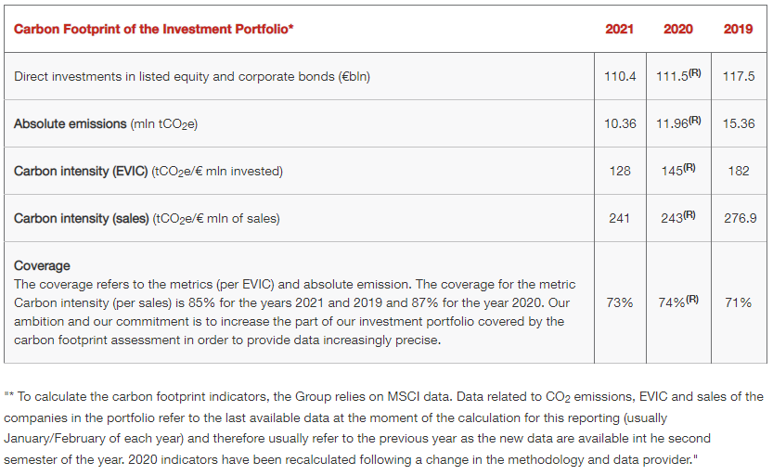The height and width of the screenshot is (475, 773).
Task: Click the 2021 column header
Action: (619, 29)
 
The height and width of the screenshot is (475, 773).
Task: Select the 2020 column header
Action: (678, 29)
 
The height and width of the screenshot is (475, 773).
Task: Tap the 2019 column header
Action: (738, 29)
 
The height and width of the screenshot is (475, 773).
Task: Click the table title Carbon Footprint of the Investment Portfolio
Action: (154, 29)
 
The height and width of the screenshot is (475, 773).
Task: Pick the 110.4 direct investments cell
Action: (620, 76)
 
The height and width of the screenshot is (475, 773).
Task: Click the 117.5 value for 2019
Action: (738, 76)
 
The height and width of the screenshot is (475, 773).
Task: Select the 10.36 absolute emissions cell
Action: (620, 123)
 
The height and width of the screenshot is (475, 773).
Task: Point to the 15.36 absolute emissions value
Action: (738, 123)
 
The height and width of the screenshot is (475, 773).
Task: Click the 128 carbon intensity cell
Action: (620, 171)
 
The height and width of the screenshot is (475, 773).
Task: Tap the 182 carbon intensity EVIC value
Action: (738, 171)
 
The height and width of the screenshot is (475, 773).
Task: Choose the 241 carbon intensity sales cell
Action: (620, 218)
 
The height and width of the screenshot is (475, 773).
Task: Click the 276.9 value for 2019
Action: (738, 218)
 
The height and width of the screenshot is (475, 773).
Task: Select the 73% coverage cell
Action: (620, 302)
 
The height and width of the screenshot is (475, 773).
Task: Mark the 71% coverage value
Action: (738, 302)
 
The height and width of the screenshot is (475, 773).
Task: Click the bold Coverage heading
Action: (42, 265)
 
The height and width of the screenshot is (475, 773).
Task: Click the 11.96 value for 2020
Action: (672, 123)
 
